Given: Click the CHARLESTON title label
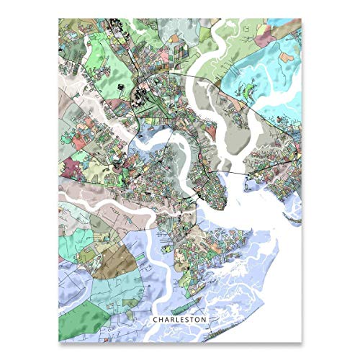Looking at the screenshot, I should [179, 318].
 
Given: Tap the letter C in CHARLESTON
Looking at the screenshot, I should [153, 318].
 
